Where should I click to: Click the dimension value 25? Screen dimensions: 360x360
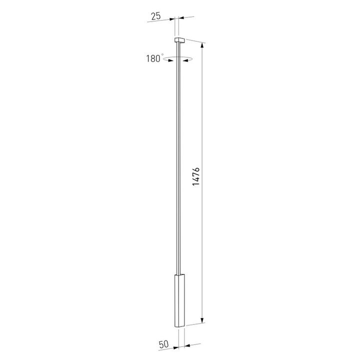[155, 16]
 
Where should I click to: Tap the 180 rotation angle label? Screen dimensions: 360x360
[152, 58]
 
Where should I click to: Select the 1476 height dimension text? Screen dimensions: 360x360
[196, 177]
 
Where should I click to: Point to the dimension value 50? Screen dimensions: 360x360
[162, 344]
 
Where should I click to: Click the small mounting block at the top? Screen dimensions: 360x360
[179, 38]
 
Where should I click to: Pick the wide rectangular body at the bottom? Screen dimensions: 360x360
[179, 300]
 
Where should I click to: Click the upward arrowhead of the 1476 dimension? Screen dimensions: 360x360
[202, 45]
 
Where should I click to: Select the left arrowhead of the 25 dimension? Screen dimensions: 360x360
[172, 18]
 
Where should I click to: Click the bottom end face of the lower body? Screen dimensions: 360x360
[179, 327]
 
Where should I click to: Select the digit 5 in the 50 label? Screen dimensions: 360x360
[159, 344]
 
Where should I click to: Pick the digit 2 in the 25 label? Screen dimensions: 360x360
[152, 16]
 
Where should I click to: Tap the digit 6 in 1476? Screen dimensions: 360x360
[196, 169]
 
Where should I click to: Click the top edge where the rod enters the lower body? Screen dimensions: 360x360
[178, 274]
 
